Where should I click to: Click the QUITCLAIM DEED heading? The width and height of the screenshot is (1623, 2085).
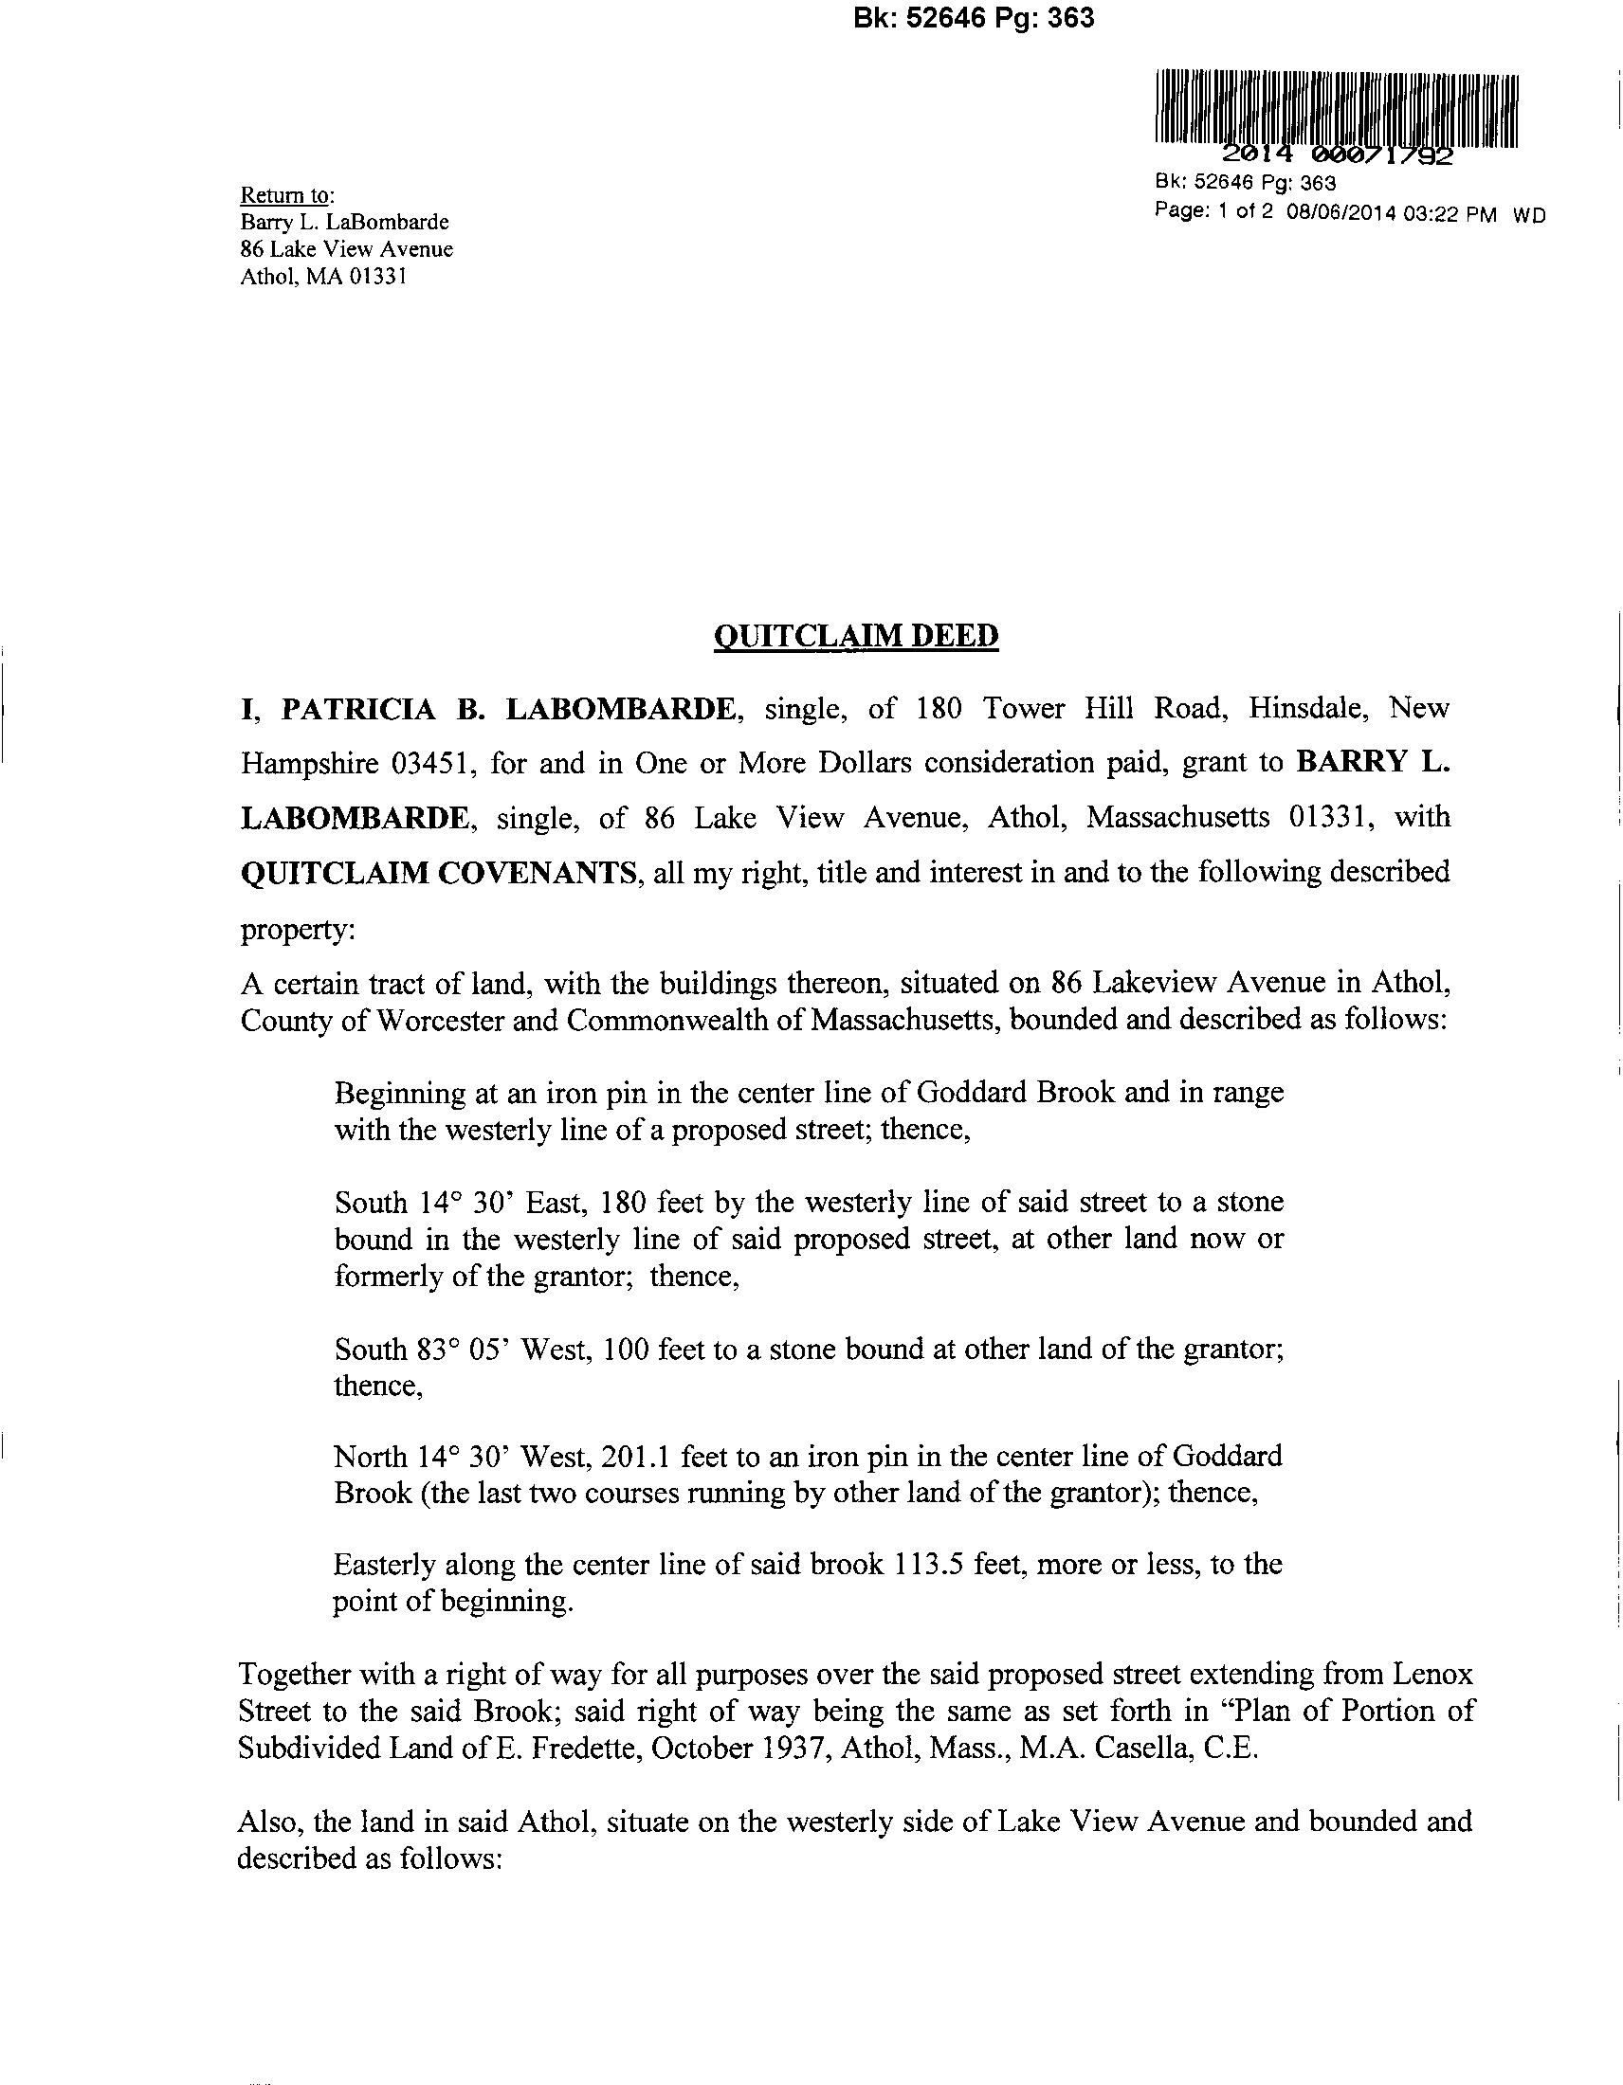point(855,637)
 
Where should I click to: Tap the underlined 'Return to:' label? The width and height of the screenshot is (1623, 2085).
point(286,196)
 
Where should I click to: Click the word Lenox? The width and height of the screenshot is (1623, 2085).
point(1434,1675)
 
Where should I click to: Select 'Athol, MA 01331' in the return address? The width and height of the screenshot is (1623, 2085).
point(323,278)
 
